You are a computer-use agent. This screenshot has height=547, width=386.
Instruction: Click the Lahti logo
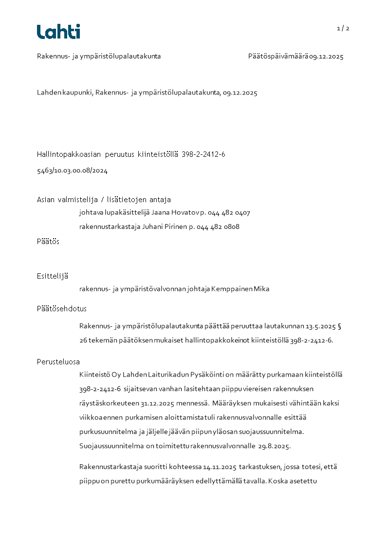pos(58,32)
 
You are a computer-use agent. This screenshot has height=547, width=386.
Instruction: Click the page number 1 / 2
pos(343,28)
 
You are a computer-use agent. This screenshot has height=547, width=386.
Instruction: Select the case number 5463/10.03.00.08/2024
pos(72,170)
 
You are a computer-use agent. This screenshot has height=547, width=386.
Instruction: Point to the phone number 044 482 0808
pos(218,226)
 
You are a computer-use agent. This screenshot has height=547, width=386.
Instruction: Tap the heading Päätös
pos(48,241)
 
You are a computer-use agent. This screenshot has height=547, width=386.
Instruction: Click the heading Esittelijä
pos(52,276)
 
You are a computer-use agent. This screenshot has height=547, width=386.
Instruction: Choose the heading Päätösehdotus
pos(61,308)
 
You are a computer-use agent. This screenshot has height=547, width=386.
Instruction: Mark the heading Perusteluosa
pos(58,361)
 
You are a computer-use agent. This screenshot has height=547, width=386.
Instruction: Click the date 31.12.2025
pos(158,403)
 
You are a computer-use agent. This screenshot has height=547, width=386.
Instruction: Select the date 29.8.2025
pos(274,446)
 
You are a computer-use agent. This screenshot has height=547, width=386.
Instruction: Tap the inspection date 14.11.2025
pos(220,467)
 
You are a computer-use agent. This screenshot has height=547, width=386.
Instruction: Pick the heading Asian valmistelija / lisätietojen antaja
pos(104,199)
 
